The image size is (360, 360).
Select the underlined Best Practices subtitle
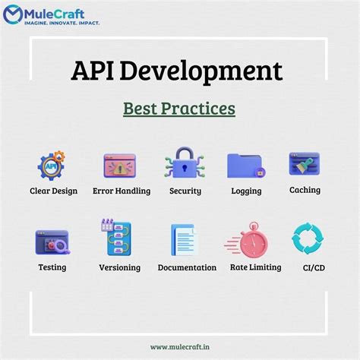pyautogui.click(x=179, y=109)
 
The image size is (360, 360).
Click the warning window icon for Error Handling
pyautogui.click(x=119, y=165)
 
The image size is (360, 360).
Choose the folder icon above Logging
pyautogui.click(x=245, y=166)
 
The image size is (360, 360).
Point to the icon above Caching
pyautogui.click(x=304, y=164)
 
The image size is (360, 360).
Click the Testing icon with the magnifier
pyautogui.click(x=52, y=242)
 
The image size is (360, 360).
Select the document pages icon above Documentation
pyautogui.click(x=185, y=241)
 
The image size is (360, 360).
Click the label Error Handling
pyautogui.click(x=122, y=191)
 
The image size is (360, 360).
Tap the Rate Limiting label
pyautogui.click(x=255, y=267)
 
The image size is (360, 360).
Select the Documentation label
pyautogui.click(x=187, y=267)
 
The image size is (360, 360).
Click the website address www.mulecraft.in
pyautogui.click(x=179, y=347)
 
